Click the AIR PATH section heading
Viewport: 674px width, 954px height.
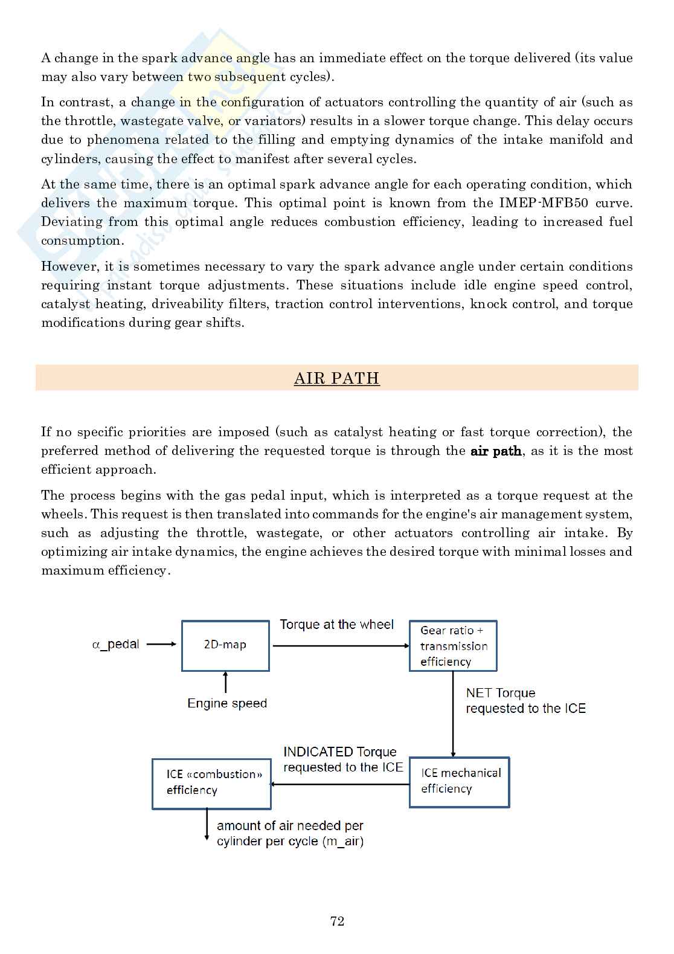tap(336, 378)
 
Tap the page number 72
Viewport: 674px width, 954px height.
tap(337, 921)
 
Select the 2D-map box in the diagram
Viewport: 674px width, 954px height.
tap(225, 645)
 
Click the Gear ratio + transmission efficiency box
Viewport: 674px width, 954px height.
tap(453, 645)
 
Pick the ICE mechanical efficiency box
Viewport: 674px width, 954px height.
tap(459, 782)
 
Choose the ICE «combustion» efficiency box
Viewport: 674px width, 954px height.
tap(211, 784)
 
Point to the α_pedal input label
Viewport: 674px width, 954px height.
tap(115, 644)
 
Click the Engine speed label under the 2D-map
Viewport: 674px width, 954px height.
tap(227, 703)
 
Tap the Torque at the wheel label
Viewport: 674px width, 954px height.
tap(336, 625)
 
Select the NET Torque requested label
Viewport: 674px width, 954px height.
tap(525, 701)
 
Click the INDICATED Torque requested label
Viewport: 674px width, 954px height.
tap(342, 759)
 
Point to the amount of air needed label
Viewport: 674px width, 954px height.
tap(290, 833)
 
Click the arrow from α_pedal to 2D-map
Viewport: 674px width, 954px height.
tap(162, 644)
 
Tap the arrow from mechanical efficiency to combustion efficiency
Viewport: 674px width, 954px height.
tap(340, 784)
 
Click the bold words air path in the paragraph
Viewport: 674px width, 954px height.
tap(495, 451)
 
